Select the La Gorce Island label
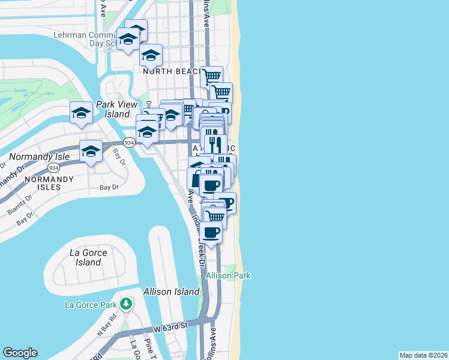click(x=88, y=257)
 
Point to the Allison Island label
click(x=171, y=292)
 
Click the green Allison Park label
click(x=228, y=275)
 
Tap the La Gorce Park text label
click(x=91, y=305)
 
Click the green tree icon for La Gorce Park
click(x=125, y=304)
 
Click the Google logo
click(x=20, y=353)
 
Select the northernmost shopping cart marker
click(x=211, y=76)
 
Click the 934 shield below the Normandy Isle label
click(x=53, y=169)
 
